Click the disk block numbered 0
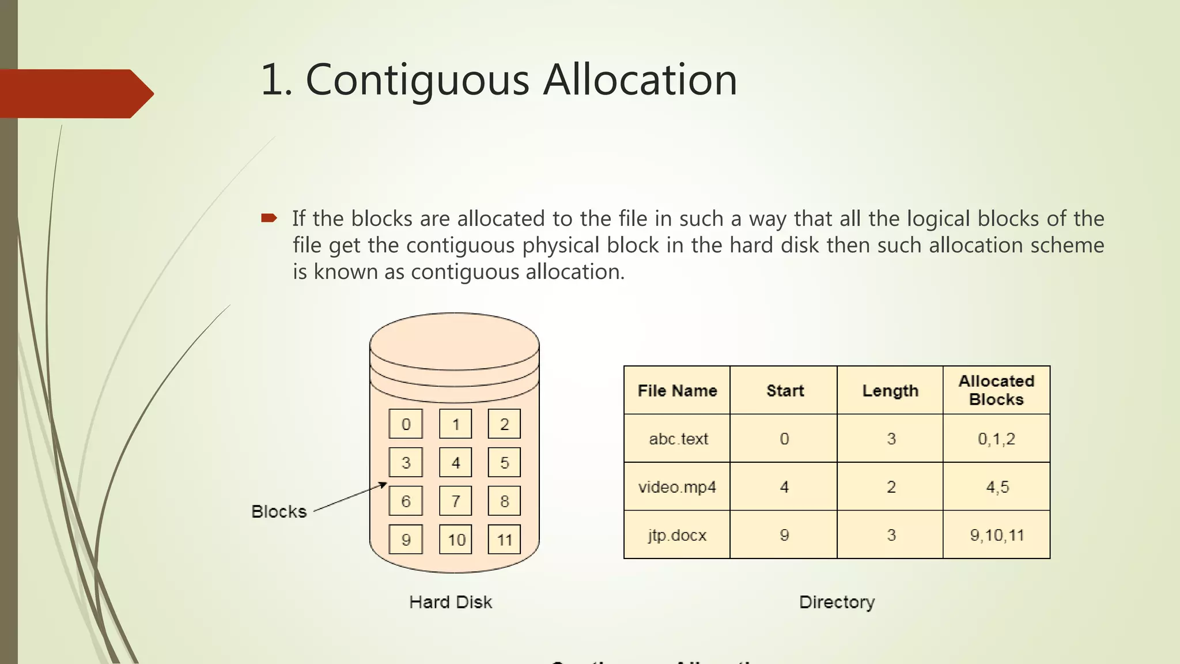click(x=406, y=424)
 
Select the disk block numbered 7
click(x=455, y=501)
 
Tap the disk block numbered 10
click(x=456, y=539)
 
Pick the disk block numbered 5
click(x=504, y=462)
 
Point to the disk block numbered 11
click(x=504, y=539)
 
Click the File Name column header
click(x=677, y=390)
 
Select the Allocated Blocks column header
click(x=996, y=390)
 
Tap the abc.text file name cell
click(x=678, y=439)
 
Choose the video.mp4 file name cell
click(x=677, y=487)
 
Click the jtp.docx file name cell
click(x=677, y=535)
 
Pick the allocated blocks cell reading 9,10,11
click(x=997, y=535)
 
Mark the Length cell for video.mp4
click(x=891, y=487)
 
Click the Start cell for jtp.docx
click(x=784, y=535)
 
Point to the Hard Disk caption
click(x=451, y=602)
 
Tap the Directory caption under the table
click(x=837, y=602)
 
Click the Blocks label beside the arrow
click(x=279, y=511)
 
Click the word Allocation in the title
click(x=640, y=80)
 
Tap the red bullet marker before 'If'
click(x=269, y=218)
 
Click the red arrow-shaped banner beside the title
click(x=75, y=93)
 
